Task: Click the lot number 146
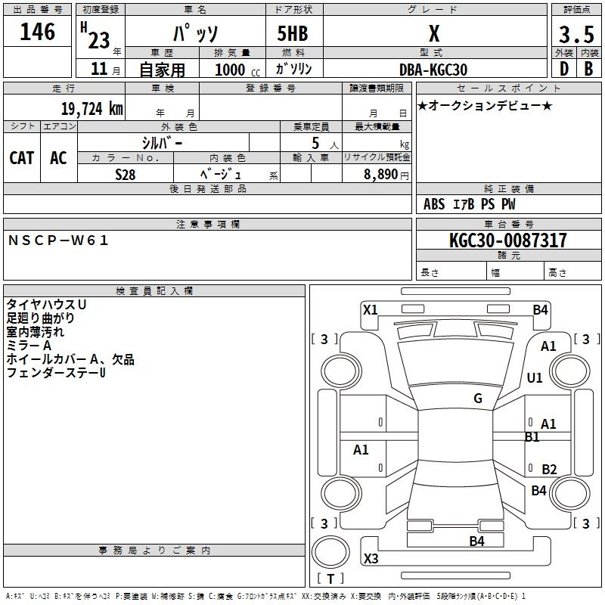(38, 32)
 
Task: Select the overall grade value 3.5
(576, 34)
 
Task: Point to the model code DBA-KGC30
(433, 70)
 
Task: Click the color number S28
(125, 173)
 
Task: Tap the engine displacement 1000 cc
(232, 70)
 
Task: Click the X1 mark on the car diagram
(371, 309)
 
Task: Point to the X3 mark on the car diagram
(371, 559)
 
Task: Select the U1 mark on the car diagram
(535, 378)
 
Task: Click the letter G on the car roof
(478, 399)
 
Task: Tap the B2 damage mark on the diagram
(549, 470)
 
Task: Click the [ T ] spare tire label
(330, 579)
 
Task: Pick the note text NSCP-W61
(59, 240)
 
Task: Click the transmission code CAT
(22, 158)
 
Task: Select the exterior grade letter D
(563, 69)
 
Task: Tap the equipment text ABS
(434, 204)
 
